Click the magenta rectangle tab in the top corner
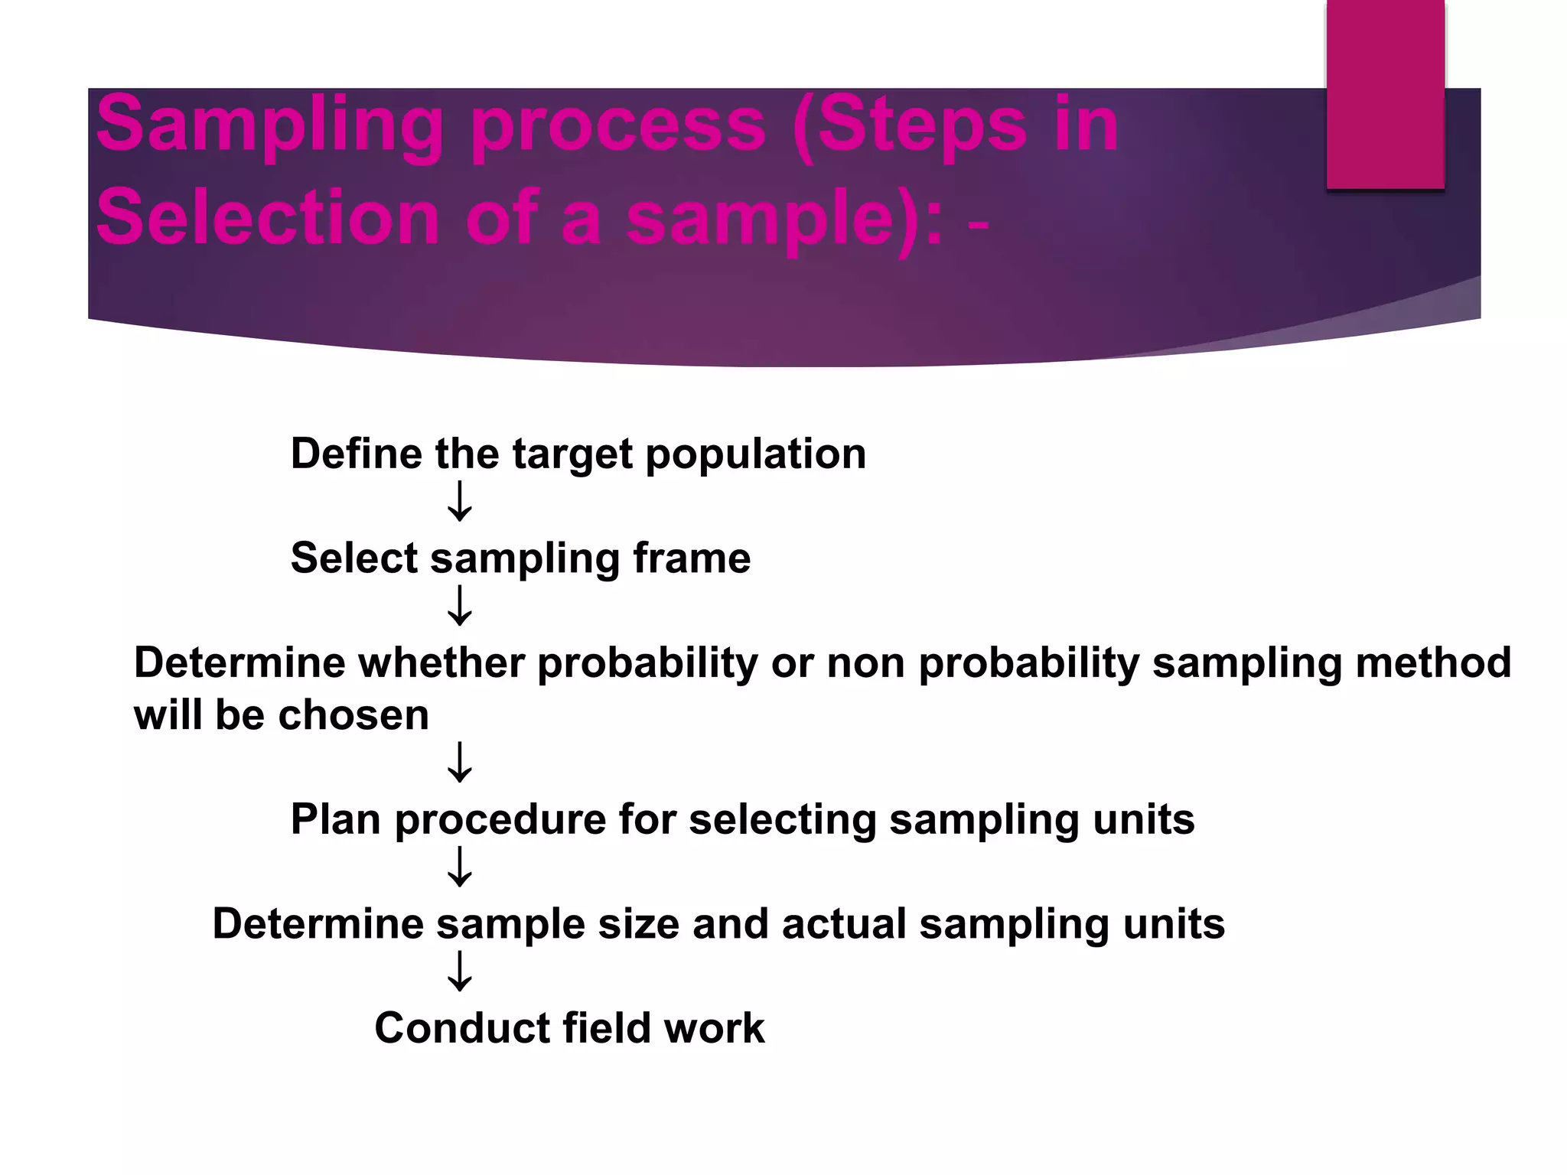[x=1385, y=93]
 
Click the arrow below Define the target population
[x=460, y=502]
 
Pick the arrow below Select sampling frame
[x=460, y=606]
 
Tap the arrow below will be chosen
[x=460, y=762]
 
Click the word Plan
[x=335, y=819]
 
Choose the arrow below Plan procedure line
[x=460, y=867]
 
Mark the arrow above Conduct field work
[x=460, y=972]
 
